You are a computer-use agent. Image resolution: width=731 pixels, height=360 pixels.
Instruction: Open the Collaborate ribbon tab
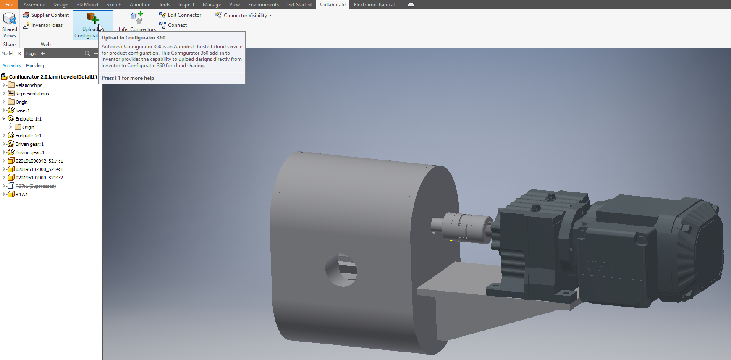click(x=333, y=5)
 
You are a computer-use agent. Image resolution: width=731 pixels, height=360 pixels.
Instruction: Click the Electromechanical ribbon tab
click(x=374, y=5)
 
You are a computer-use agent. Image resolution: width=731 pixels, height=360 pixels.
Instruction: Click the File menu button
click(x=9, y=5)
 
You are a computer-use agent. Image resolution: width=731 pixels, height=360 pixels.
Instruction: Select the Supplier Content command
click(x=46, y=15)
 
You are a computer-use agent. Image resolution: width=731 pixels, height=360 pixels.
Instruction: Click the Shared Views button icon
click(x=9, y=18)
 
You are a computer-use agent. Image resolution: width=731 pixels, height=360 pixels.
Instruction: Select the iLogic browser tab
click(x=31, y=53)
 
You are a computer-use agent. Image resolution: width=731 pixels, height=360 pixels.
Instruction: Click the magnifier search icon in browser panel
click(x=87, y=53)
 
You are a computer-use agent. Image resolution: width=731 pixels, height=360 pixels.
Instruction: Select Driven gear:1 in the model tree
click(x=29, y=144)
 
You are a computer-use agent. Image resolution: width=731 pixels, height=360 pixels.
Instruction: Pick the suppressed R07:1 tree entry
click(x=36, y=186)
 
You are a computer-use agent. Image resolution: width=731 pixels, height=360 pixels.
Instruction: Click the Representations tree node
click(x=32, y=94)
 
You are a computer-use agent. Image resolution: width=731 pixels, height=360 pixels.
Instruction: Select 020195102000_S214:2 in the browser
click(x=39, y=178)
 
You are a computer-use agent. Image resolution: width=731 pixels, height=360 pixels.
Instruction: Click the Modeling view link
click(x=35, y=66)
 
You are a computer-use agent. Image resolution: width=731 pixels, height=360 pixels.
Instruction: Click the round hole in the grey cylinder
click(x=341, y=270)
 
